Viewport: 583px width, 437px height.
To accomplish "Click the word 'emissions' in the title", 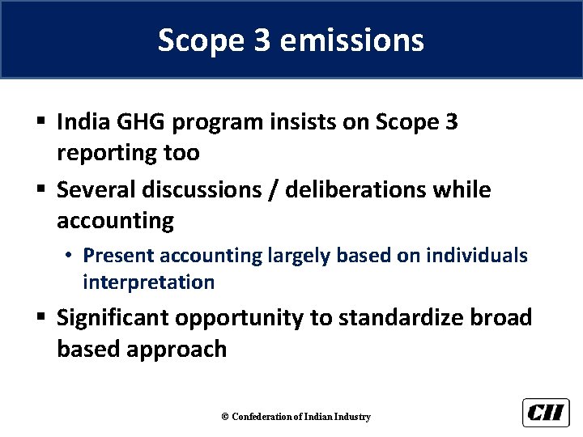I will click(x=350, y=40).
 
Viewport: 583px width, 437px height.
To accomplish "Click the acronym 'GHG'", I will click(x=145, y=123).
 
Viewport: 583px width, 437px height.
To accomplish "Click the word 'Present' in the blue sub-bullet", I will click(x=119, y=256).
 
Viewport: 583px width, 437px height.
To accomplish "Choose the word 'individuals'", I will click(x=479, y=256).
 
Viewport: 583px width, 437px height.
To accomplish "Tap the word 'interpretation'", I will click(x=148, y=282).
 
